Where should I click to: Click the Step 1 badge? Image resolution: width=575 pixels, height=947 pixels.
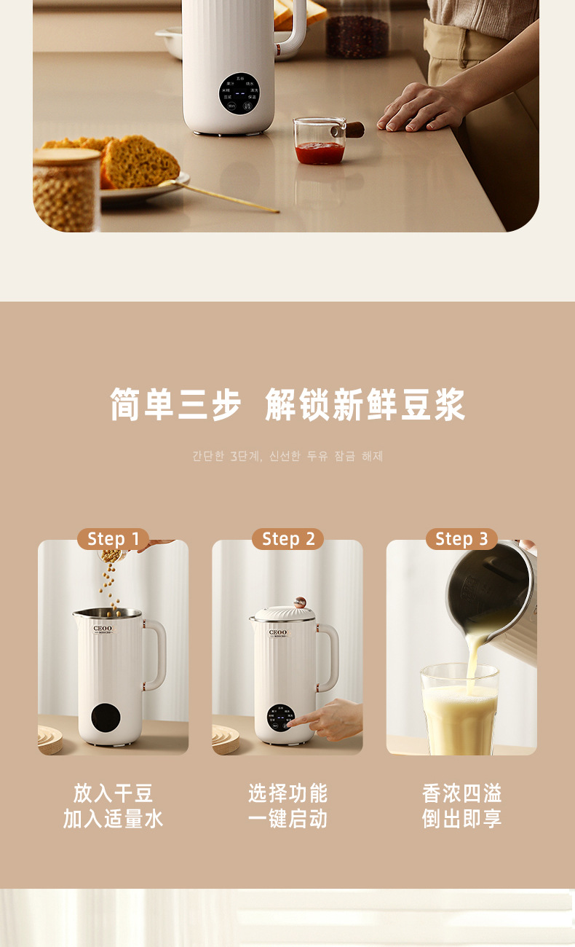click(113, 539)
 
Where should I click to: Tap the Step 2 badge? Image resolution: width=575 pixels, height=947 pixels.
click(287, 539)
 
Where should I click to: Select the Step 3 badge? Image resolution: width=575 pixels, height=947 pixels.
click(461, 539)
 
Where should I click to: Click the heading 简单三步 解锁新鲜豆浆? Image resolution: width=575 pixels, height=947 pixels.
click(287, 405)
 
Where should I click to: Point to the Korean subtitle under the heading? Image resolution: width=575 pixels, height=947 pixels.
click(287, 456)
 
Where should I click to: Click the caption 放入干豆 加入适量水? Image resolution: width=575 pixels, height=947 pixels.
click(113, 806)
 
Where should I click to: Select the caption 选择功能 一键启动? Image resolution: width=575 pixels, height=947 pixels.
click(287, 806)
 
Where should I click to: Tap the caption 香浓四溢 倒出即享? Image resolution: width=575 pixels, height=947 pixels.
click(461, 806)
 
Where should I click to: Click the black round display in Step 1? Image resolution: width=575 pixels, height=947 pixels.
click(106, 717)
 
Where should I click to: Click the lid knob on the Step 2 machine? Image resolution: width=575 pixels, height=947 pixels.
click(299, 603)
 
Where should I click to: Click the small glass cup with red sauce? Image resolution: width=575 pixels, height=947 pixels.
click(319, 142)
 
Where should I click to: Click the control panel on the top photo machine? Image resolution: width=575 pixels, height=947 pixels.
click(239, 93)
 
